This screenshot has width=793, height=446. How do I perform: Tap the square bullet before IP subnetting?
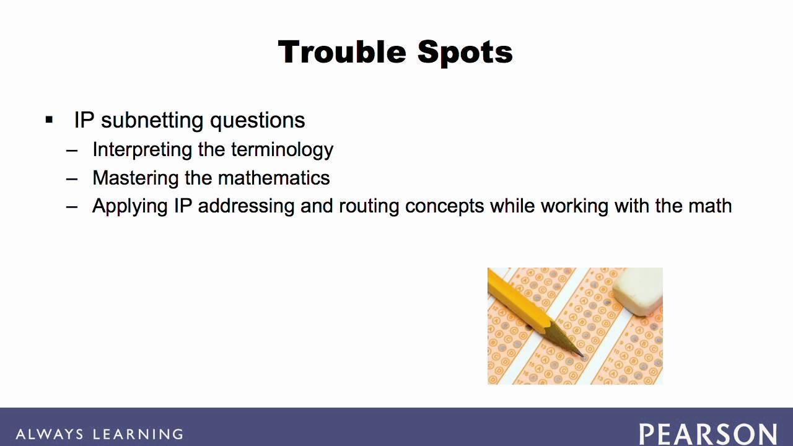point(50,120)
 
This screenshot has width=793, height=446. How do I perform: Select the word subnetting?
point(152,121)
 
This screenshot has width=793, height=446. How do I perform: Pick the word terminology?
point(282,150)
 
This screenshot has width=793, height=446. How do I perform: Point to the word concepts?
point(444,206)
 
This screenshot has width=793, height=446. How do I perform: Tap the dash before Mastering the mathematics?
point(72,178)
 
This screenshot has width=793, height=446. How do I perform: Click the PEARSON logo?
point(708,434)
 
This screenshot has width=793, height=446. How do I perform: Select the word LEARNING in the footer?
point(138,434)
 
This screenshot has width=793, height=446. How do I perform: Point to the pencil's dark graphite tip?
point(581,355)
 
